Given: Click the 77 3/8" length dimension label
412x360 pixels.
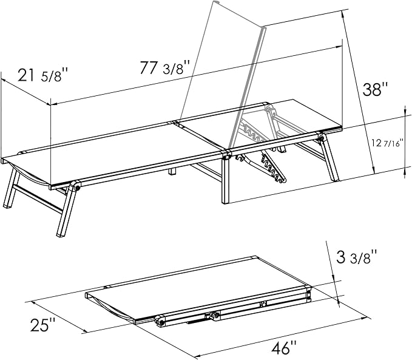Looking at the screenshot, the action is point(165,68).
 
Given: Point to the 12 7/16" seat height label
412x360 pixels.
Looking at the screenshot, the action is point(388,143).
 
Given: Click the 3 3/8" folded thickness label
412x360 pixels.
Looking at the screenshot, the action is point(357,257).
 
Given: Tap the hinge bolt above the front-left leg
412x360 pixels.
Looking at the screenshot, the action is point(77,188).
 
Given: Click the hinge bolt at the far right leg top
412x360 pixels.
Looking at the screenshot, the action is point(321,137).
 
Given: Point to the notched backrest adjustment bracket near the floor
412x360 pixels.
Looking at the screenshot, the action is point(272,168).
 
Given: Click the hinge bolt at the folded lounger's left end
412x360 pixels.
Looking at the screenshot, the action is point(161,322).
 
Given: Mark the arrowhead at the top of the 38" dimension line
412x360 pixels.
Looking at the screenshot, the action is point(343,15).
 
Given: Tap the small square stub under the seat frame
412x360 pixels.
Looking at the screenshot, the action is point(172,171).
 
